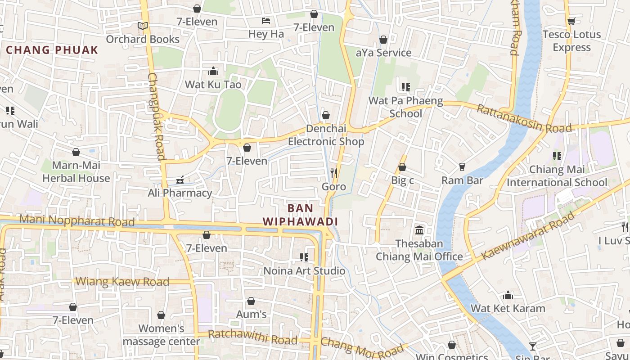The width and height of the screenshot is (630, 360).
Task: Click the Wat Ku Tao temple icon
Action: [x=213, y=71]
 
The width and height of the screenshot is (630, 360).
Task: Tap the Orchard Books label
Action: [x=143, y=39]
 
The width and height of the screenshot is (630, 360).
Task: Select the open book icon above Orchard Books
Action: [x=143, y=26]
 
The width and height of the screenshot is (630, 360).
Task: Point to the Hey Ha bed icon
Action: [x=266, y=21]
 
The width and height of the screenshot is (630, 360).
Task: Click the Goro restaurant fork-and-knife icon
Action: [x=334, y=173]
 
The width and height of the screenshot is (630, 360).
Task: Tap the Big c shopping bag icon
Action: [x=402, y=167]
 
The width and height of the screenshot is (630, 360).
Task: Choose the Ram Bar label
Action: [x=462, y=180]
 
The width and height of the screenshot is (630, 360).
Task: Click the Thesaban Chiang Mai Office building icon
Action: [x=419, y=230]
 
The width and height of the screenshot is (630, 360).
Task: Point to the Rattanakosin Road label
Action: [x=524, y=119]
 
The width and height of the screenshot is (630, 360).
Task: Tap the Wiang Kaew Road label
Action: [x=122, y=282]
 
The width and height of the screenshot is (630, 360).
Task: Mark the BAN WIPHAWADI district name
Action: [x=300, y=215]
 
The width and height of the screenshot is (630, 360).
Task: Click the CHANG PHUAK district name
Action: [x=52, y=50]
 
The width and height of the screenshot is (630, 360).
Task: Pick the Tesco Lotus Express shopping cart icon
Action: [x=571, y=21]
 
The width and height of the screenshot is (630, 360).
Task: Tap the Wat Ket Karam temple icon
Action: [x=508, y=295]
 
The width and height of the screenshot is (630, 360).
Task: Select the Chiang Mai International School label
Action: [x=557, y=176]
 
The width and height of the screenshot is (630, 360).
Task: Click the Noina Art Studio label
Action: [x=304, y=270]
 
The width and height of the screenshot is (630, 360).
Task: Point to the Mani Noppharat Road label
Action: [x=77, y=220]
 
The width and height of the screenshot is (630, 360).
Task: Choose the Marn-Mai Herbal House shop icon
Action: [x=76, y=152]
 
